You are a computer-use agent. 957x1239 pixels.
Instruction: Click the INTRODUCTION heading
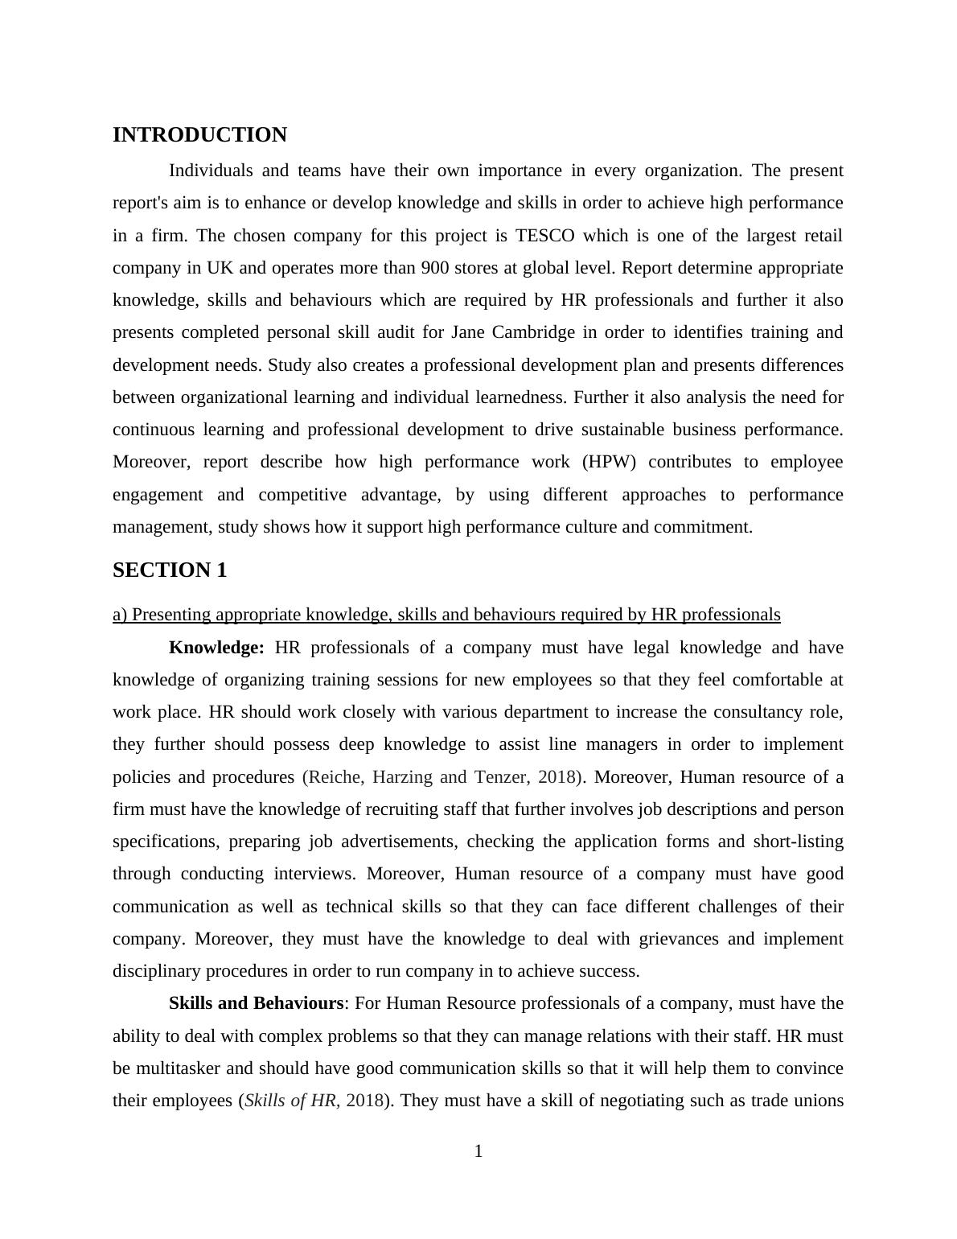199,135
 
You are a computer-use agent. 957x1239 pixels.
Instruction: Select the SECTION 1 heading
170,570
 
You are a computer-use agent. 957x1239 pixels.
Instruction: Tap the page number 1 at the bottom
478,1151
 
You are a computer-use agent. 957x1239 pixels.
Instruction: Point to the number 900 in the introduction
435,268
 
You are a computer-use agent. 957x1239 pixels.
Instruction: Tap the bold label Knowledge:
216,648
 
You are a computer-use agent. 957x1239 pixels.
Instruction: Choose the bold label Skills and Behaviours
256,1003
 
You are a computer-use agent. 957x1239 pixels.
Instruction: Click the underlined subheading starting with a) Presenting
446,615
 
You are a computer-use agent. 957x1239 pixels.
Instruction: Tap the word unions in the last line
819,1101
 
